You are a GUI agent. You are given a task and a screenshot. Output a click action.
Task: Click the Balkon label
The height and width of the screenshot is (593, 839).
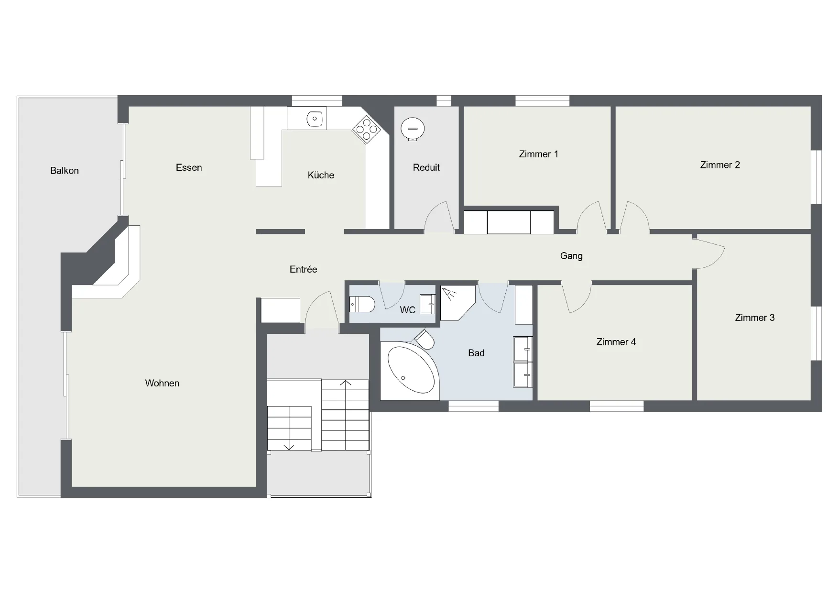click(x=65, y=171)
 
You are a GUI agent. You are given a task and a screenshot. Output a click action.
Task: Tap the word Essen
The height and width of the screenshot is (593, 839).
click(x=189, y=167)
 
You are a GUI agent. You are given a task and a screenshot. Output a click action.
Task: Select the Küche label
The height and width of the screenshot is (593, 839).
click(x=321, y=175)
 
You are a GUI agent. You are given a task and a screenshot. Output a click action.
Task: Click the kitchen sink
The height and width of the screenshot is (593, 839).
click(x=314, y=118)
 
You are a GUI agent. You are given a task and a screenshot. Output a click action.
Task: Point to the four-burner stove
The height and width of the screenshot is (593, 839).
click(x=367, y=128)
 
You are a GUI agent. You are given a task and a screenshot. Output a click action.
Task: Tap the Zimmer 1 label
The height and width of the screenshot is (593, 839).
click(x=538, y=154)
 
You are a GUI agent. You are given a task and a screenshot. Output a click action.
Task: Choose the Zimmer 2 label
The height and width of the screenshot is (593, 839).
click(x=720, y=165)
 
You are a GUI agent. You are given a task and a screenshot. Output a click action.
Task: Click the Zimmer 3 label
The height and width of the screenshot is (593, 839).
click(x=754, y=318)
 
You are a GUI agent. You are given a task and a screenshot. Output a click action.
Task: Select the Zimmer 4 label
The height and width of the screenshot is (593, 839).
click(x=616, y=342)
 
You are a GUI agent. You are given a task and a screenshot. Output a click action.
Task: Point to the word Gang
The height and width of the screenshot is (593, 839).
click(x=571, y=256)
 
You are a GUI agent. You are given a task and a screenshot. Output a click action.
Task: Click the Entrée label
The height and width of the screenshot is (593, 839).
click(x=303, y=269)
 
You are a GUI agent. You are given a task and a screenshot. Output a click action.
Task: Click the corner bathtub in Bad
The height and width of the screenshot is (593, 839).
click(x=412, y=370)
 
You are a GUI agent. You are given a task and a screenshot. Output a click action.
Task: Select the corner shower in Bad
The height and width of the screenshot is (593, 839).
click(x=457, y=303)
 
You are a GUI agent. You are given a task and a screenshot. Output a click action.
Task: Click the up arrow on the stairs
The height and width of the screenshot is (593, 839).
click(x=346, y=383)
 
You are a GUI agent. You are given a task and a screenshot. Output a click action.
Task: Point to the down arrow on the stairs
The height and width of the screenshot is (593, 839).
click(x=289, y=447)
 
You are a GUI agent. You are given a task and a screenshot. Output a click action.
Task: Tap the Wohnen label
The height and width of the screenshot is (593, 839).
click(x=162, y=383)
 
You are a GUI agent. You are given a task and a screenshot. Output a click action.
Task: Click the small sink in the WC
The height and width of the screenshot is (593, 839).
click(x=427, y=304)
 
